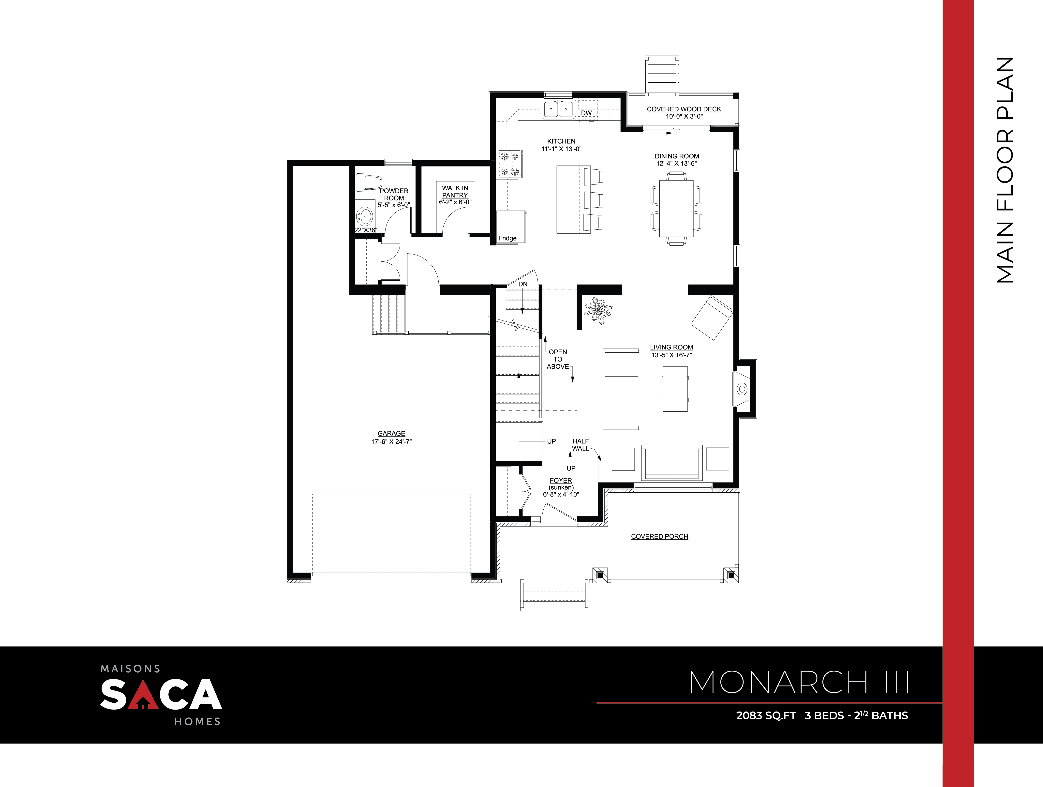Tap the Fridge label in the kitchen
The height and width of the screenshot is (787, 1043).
507,238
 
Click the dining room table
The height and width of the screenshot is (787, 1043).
676,208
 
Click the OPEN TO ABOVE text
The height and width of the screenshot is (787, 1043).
558,359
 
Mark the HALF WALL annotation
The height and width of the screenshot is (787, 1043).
581,445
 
